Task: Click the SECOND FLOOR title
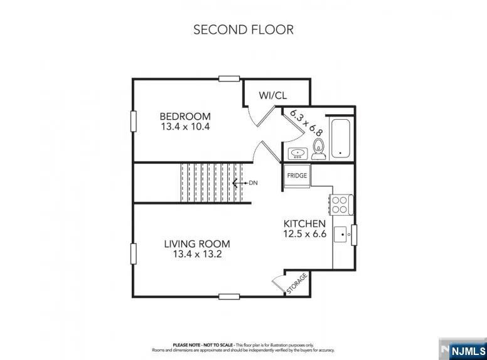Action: click(x=243, y=29)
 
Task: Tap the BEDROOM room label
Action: click(x=185, y=117)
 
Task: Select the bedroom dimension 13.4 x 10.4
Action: click(x=185, y=127)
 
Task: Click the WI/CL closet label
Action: click(x=273, y=95)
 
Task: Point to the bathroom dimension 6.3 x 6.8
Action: click(x=306, y=122)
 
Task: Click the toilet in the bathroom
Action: click(x=318, y=149)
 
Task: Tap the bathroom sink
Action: click(x=298, y=154)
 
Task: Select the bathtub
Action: click(x=340, y=139)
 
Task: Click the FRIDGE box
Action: click(x=297, y=176)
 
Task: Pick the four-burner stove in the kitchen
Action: click(x=341, y=205)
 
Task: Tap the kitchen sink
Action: click(x=340, y=235)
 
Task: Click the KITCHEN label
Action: click(x=304, y=224)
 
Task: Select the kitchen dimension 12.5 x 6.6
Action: click(x=304, y=234)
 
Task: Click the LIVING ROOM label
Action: click(x=197, y=244)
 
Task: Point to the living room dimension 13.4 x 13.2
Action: click(x=197, y=254)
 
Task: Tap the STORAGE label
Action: click(x=297, y=283)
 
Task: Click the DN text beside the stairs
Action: click(x=253, y=183)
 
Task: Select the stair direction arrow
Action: click(x=240, y=183)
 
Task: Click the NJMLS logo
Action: click(x=463, y=351)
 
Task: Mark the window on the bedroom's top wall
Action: click(x=229, y=78)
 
